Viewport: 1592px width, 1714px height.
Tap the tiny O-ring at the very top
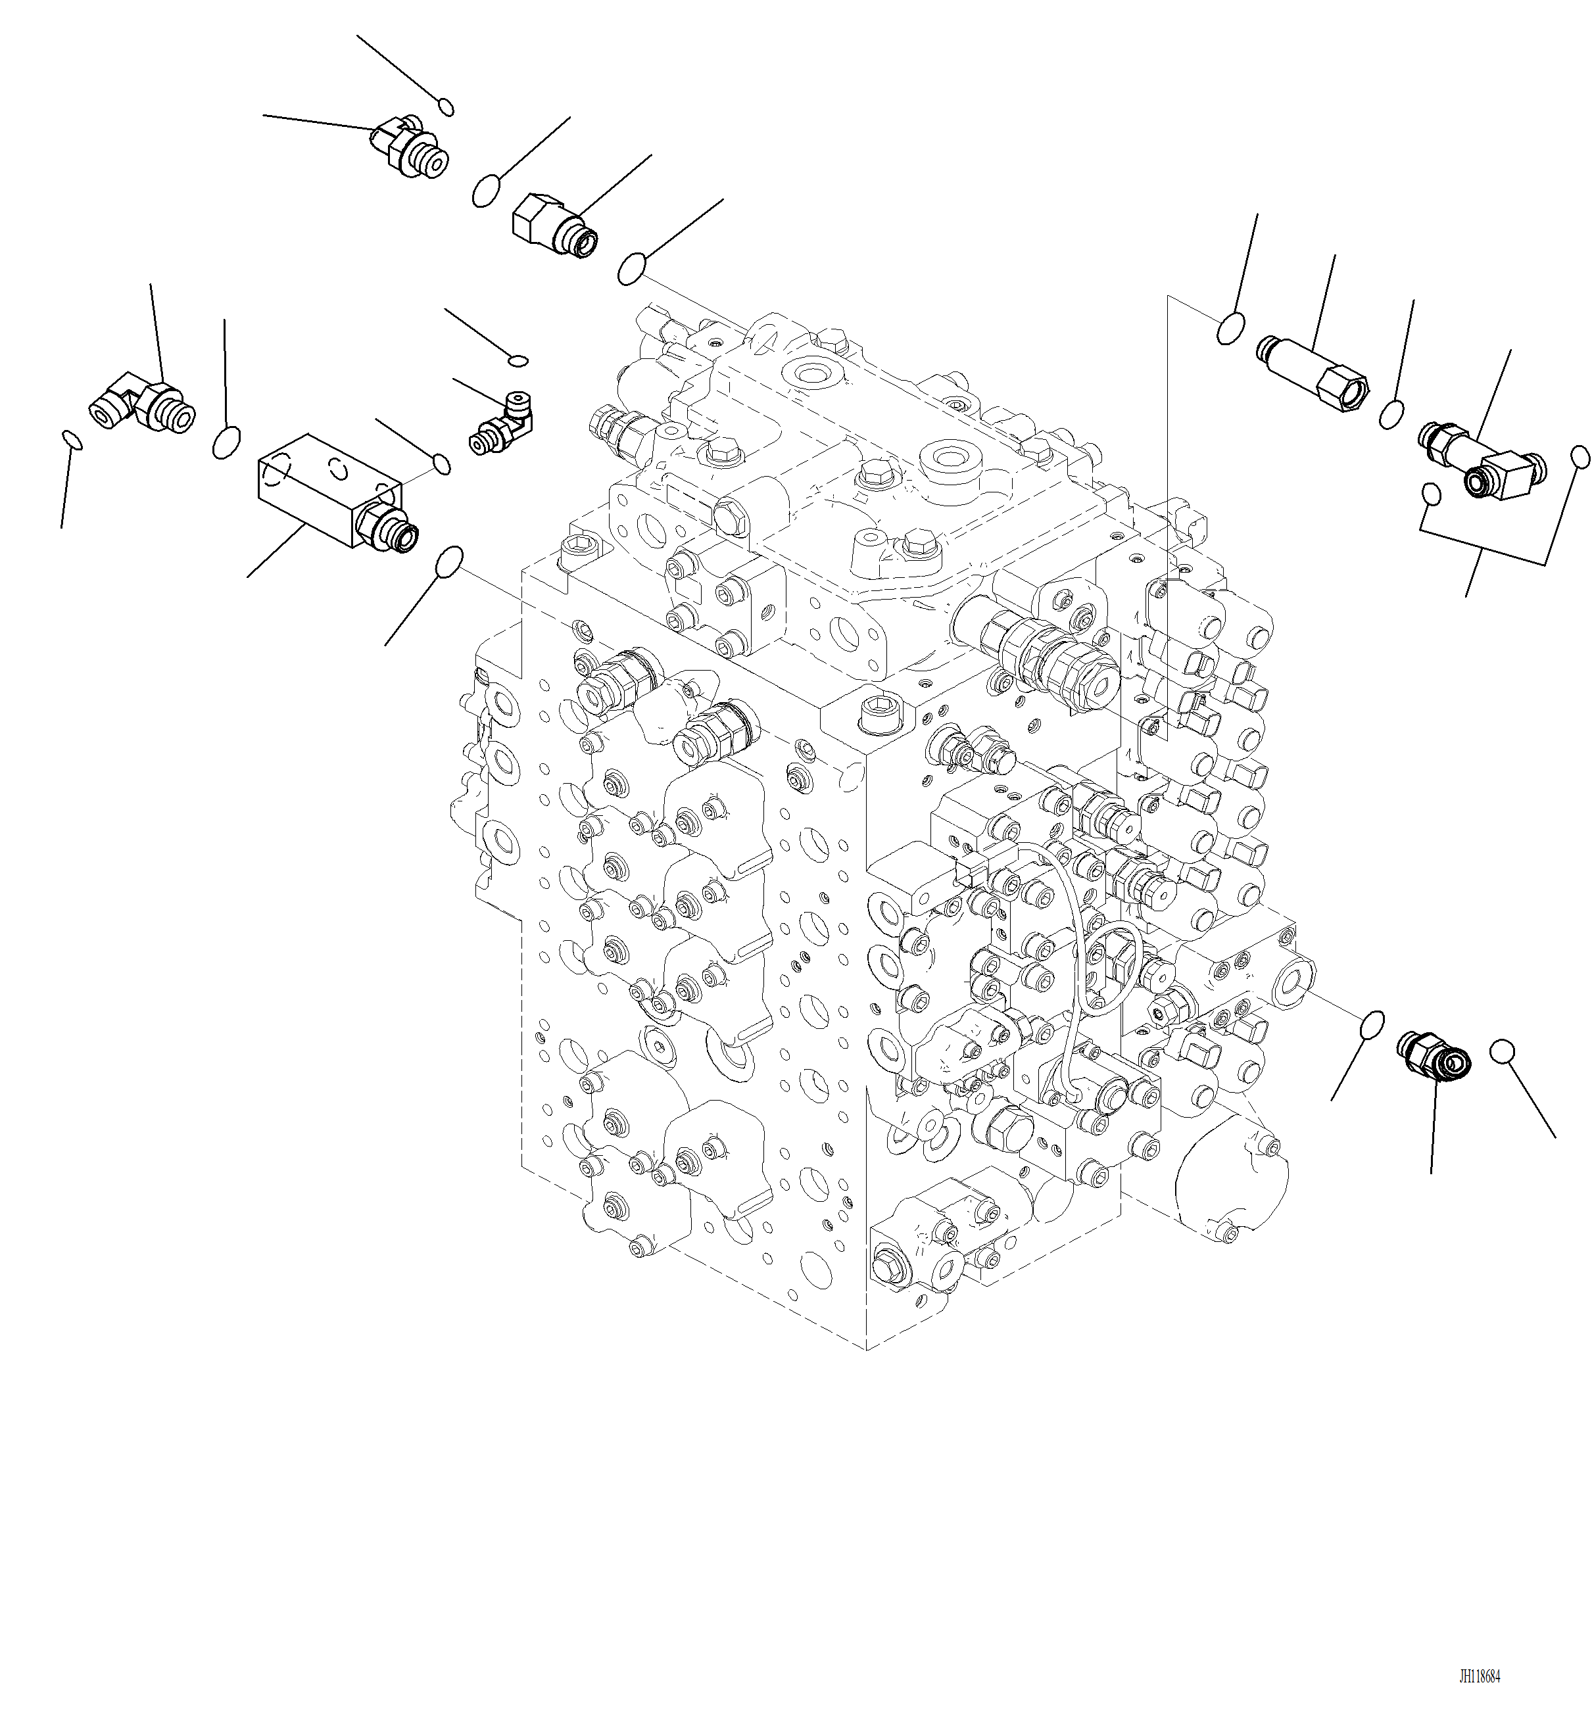445,107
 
